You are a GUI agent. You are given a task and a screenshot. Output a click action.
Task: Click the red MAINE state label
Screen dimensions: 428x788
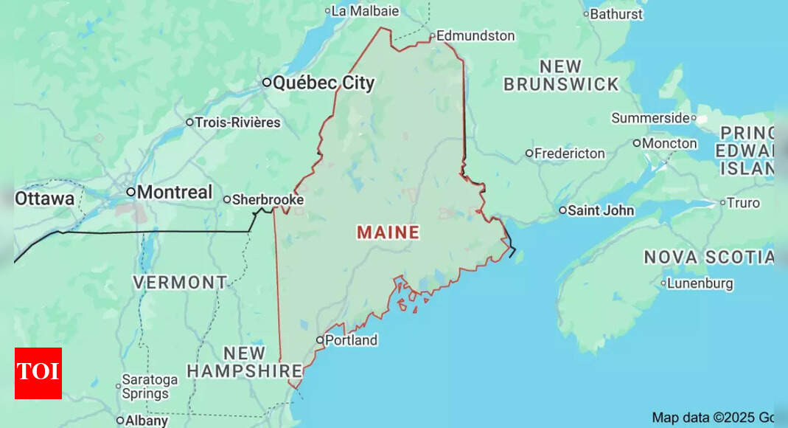coord(388,232)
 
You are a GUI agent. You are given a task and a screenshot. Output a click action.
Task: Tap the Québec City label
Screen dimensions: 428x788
coord(324,83)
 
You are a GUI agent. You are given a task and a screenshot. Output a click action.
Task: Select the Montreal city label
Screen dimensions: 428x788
coord(175,192)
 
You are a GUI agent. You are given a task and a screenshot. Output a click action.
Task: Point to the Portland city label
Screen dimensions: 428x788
coord(351,340)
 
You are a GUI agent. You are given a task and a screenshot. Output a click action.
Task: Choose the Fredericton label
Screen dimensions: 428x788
coord(569,153)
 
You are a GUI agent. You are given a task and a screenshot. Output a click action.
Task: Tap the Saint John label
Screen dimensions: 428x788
coord(600,210)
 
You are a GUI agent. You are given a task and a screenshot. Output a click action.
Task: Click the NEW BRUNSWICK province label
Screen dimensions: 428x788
coord(561,75)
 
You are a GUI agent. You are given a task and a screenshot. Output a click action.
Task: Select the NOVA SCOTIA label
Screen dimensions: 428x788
coord(708,257)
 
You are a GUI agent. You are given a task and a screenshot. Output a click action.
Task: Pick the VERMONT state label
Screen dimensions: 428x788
coord(180,282)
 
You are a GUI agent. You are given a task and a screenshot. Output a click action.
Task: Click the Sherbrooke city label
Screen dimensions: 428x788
coord(268,199)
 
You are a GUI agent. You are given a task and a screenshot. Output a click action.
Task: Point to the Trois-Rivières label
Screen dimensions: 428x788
coord(237,122)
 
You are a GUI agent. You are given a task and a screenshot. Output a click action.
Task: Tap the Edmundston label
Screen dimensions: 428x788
coord(475,35)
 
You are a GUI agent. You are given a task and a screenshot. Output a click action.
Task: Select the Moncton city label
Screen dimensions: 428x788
coord(669,143)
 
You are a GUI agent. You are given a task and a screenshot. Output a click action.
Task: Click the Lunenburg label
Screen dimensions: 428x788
coord(700,283)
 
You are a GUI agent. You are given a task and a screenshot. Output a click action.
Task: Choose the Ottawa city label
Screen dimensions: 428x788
coord(45,199)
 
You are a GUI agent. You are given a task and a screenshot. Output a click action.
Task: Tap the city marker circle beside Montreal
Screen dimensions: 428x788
coord(130,192)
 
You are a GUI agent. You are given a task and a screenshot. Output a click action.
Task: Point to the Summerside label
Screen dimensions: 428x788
coord(650,118)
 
